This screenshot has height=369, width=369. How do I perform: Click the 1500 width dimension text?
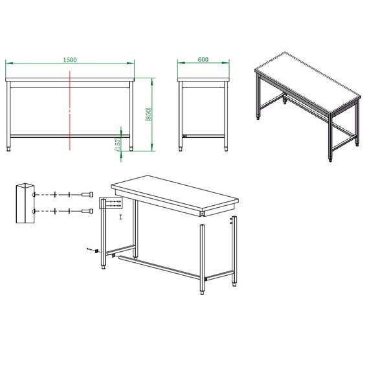70,60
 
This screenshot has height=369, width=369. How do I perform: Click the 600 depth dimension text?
203,60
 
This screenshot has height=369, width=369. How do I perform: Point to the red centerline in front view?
70,110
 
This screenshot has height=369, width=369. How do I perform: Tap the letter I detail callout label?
120,217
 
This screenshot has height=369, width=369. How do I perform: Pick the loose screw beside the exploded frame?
91,249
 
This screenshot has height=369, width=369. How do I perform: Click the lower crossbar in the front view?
70,136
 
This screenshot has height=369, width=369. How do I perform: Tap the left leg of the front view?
9,113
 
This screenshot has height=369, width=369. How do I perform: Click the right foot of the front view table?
131,148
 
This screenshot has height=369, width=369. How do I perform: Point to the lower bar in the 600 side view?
203,136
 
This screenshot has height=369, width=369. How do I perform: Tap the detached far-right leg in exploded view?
234,252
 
